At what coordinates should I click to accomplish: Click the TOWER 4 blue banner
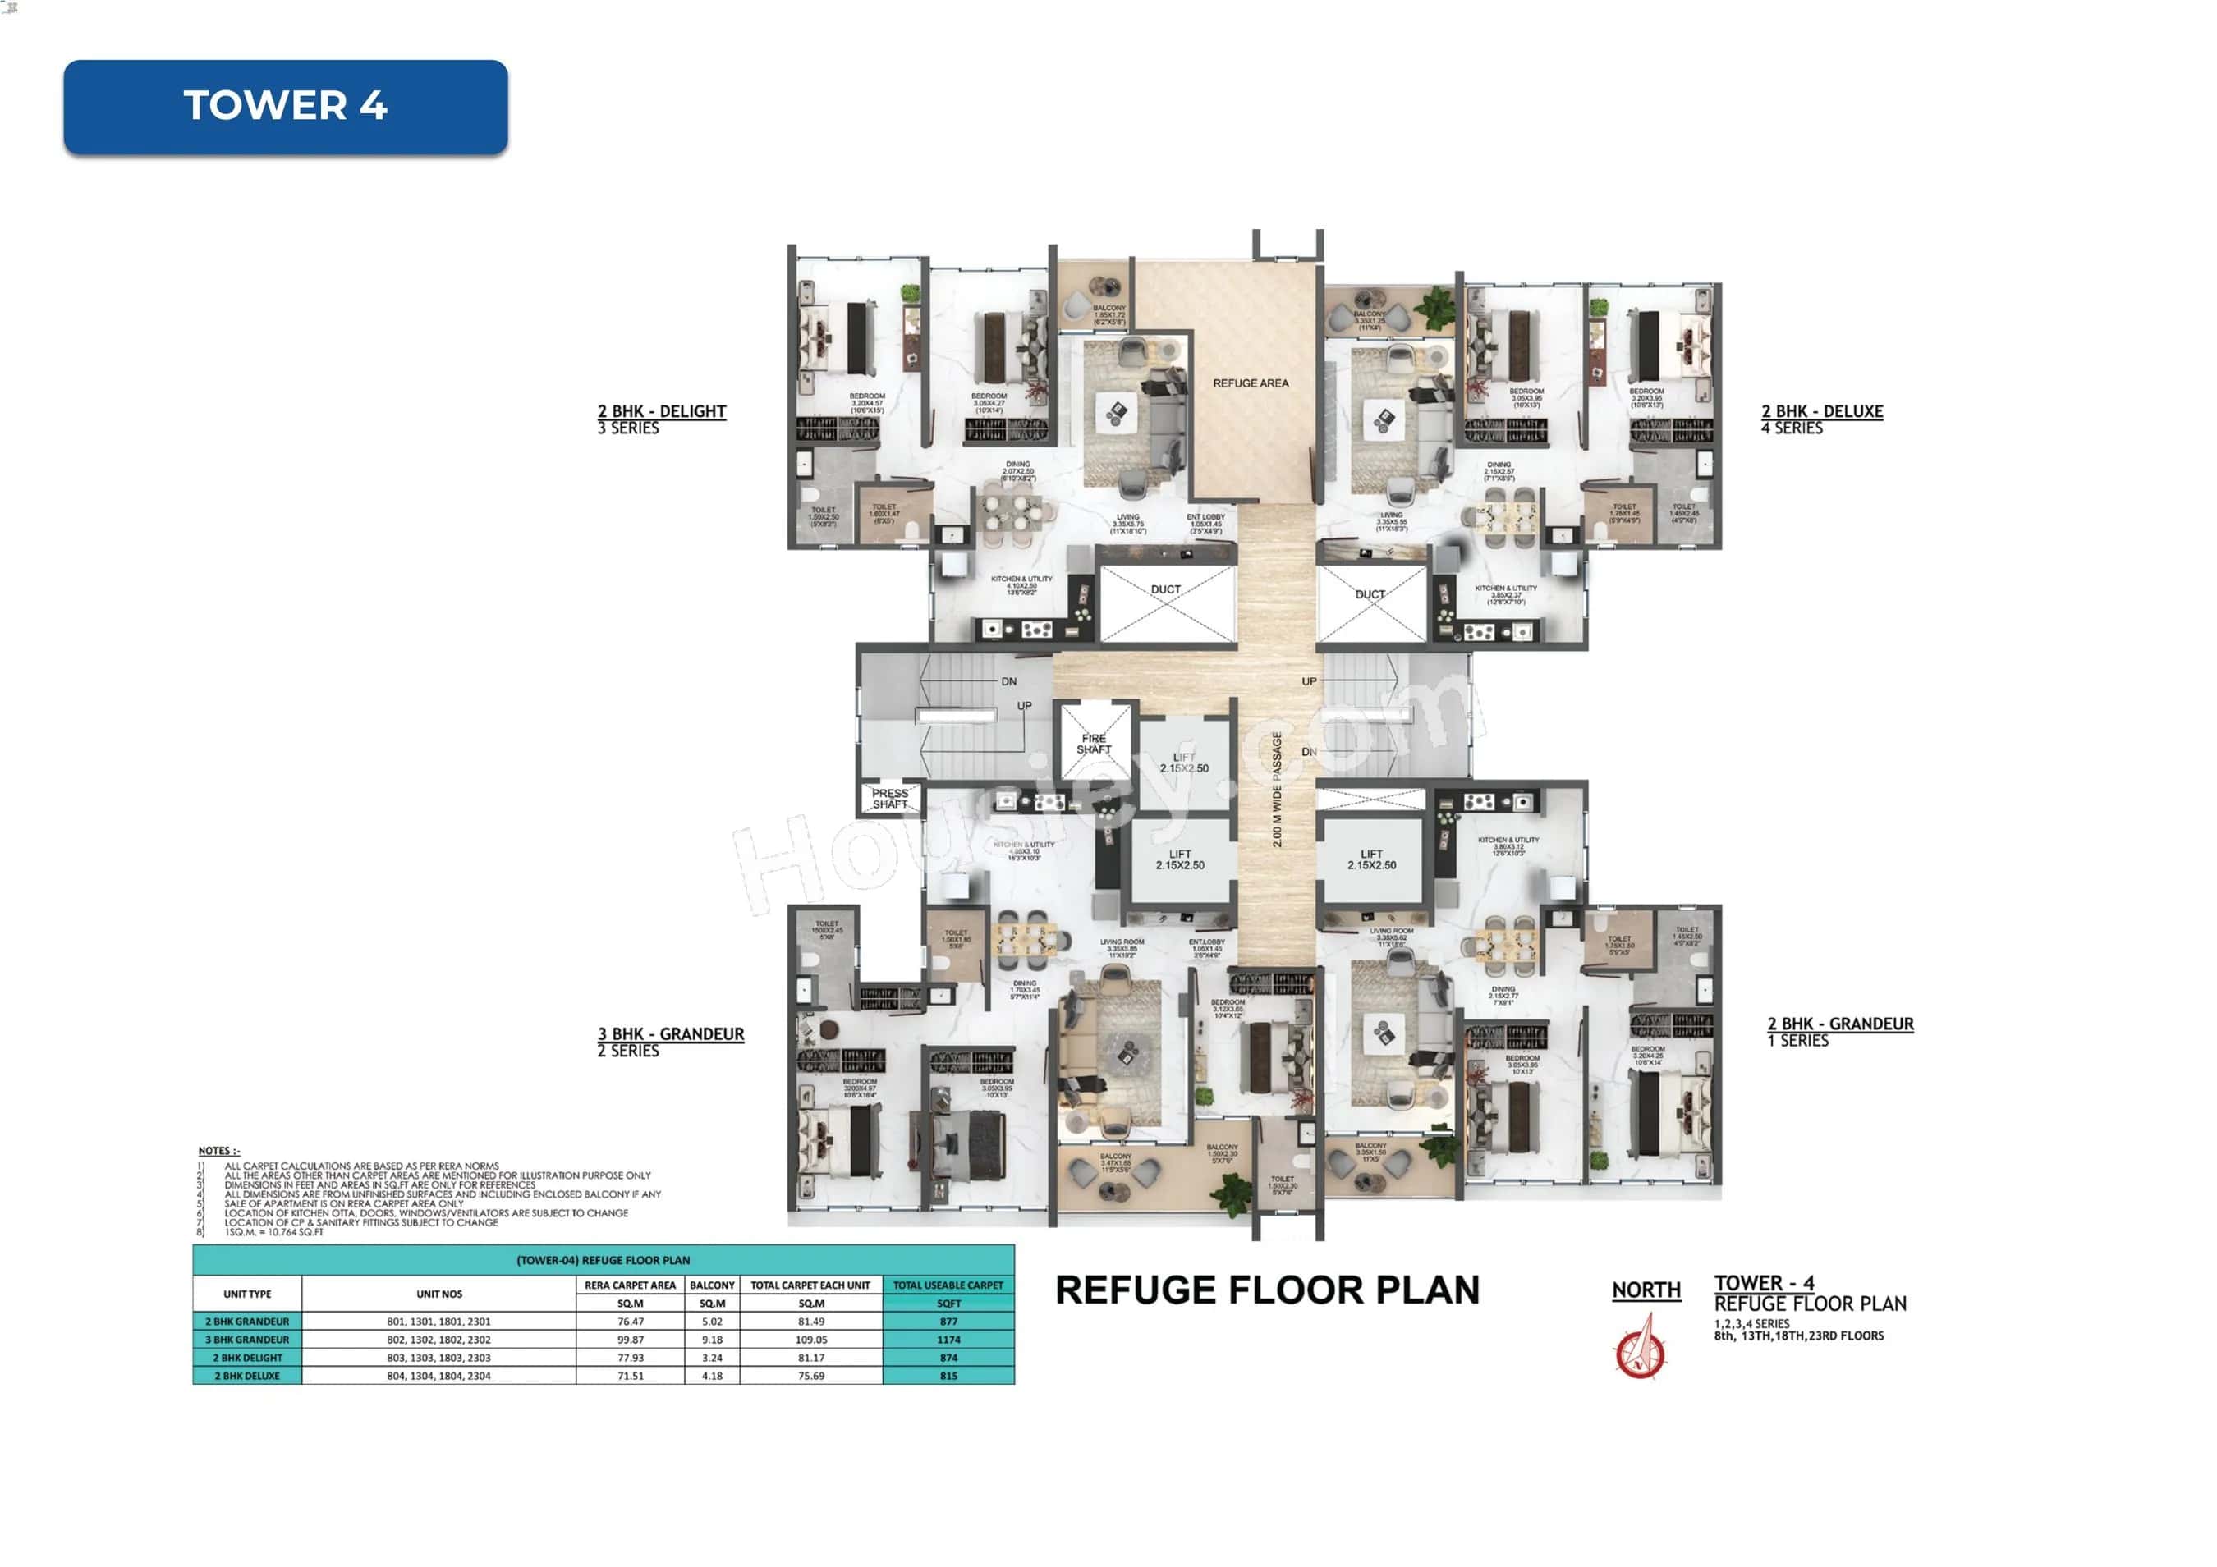click(x=285, y=106)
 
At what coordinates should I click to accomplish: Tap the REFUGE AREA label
click(x=1251, y=383)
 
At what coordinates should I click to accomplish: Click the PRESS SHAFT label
click(x=889, y=799)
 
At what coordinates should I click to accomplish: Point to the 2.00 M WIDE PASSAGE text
click(x=1277, y=790)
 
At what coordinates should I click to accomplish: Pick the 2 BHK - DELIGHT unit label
click(x=662, y=411)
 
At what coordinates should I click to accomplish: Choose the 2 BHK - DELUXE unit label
click(x=1822, y=411)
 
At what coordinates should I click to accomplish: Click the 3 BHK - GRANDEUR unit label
click(x=671, y=1034)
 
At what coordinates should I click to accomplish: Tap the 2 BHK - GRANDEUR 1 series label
click(x=1840, y=1024)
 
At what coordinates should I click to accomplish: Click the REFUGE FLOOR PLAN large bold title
click(x=1267, y=1290)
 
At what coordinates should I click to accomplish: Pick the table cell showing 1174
click(x=948, y=1339)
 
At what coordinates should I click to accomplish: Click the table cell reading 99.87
click(x=630, y=1339)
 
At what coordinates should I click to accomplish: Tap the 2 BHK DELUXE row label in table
click(x=247, y=1376)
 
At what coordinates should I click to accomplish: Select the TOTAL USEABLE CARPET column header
click(x=948, y=1285)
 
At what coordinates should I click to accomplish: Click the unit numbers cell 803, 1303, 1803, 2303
click(x=438, y=1358)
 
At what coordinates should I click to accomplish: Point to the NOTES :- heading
click(x=219, y=1151)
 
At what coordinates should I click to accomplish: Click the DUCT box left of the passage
click(x=1167, y=603)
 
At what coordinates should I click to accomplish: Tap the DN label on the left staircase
click(x=1009, y=681)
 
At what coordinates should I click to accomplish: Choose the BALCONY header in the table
click(x=713, y=1285)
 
